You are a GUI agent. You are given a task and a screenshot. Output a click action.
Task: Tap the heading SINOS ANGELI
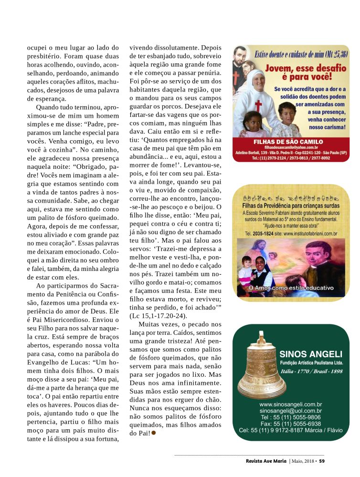pyautogui.click(x=311, y=354)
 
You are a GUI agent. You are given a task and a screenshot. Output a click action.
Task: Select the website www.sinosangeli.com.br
pyautogui.click(x=290, y=404)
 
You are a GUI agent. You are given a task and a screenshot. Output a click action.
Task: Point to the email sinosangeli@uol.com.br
pyautogui.click(x=290, y=411)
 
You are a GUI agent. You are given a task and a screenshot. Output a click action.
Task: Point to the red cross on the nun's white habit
pyautogui.click(x=258, y=106)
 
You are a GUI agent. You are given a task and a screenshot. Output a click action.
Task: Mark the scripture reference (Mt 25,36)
pyautogui.click(x=330, y=53)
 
